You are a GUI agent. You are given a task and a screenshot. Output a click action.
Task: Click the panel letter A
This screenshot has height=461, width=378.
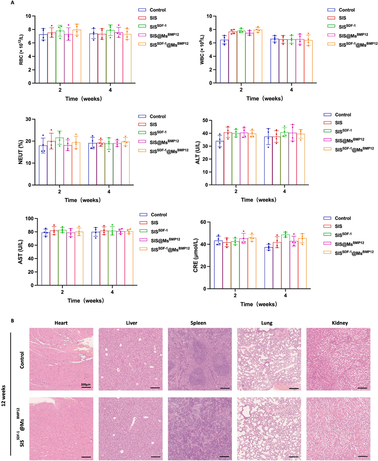click(13, 3)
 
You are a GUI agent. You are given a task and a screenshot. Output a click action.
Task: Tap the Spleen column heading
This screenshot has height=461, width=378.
click(198, 323)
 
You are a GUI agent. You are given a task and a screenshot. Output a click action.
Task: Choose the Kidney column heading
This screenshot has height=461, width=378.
click(337, 323)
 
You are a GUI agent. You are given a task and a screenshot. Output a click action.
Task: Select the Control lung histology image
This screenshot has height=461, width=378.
click(268, 360)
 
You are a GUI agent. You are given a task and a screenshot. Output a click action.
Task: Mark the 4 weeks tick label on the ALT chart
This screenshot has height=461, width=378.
click(285, 192)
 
